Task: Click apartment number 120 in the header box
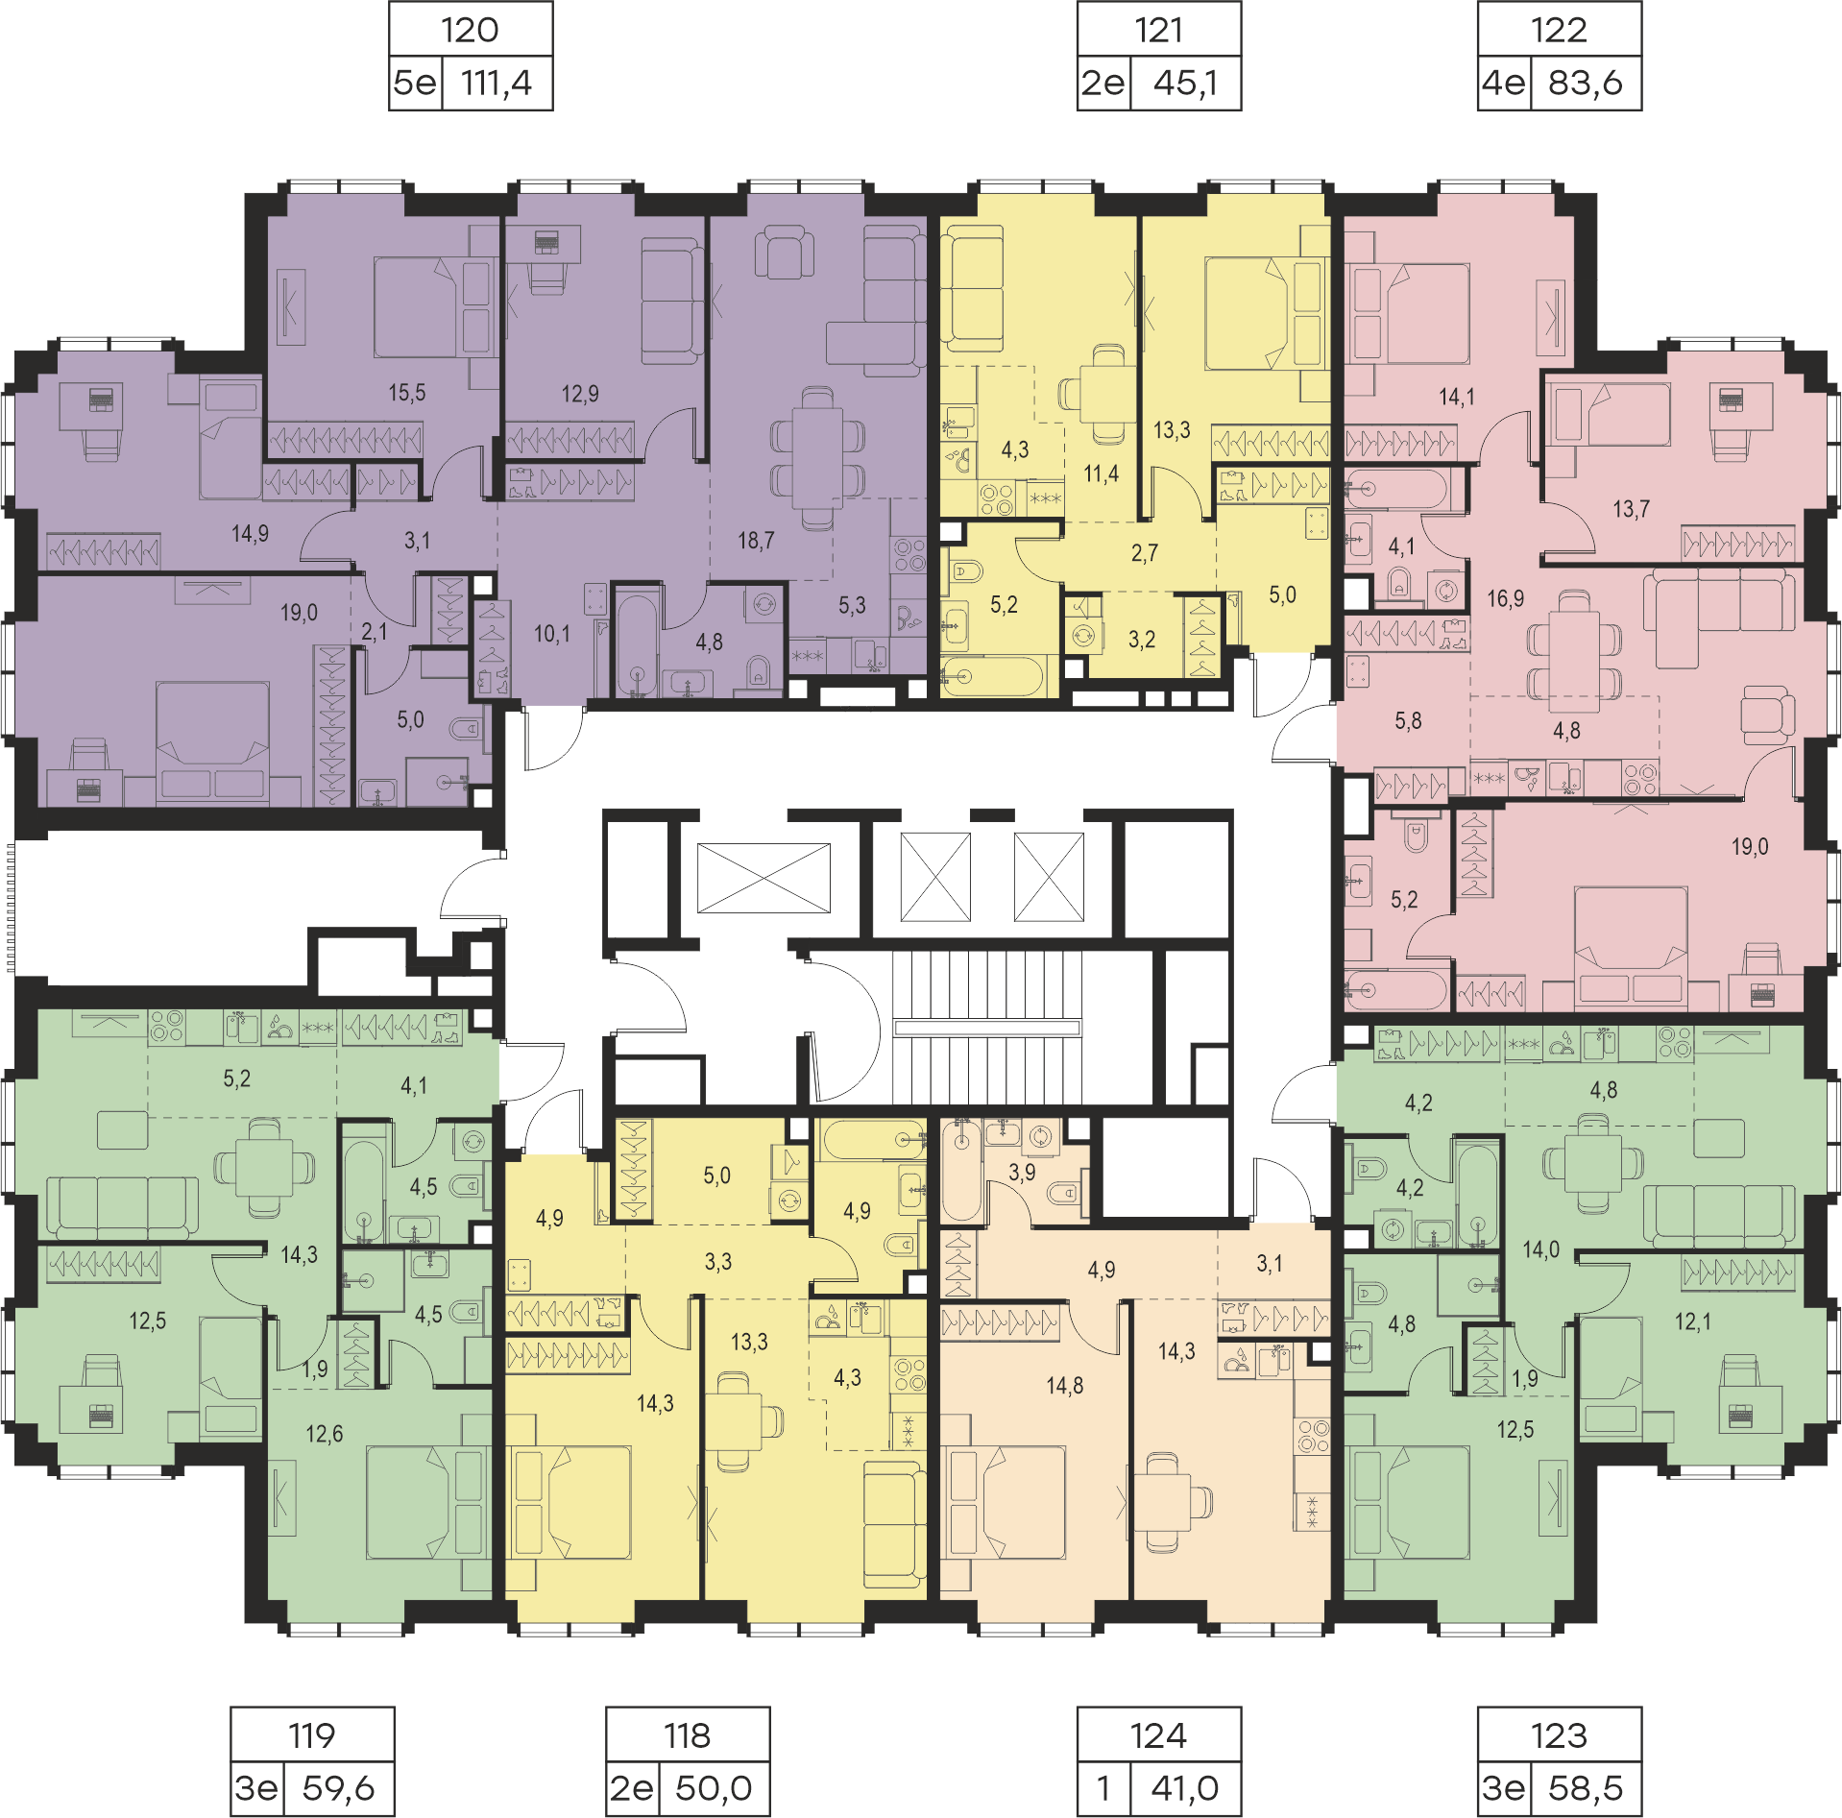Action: (x=470, y=30)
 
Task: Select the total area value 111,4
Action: (x=496, y=84)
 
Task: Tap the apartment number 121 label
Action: (x=1158, y=30)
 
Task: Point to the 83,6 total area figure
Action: (x=1585, y=84)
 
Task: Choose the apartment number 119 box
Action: (x=312, y=1735)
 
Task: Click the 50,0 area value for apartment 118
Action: (x=714, y=1788)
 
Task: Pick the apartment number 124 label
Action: (x=1158, y=1735)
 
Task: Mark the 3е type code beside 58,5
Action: (x=1504, y=1788)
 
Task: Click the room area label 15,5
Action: (x=407, y=393)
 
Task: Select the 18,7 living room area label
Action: (x=756, y=541)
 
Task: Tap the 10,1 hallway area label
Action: (x=552, y=634)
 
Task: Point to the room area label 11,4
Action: (x=1101, y=473)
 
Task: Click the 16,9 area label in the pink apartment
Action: (x=1506, y=599)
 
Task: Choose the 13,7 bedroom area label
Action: (x=1631, y=509)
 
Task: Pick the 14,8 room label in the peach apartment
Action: (x=1065, y=1386)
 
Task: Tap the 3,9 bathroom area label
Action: (x=1022, y=1173)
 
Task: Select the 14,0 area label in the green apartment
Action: (x=1540, y=1249)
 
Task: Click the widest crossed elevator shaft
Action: (x=763, y=878)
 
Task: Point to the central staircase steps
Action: (x=987, y=1028)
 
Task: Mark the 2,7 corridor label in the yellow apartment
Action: (x=1144, y=553)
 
